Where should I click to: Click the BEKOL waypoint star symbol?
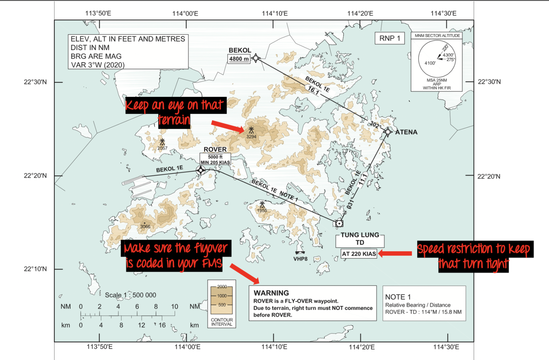coord(255,58)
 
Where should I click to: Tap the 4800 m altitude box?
coord(239,59)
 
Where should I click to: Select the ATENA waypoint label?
coord(406,132)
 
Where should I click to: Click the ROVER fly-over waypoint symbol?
coord(201,170)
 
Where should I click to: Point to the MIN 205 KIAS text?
coord(215,162)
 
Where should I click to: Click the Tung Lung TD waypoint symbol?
coord(339,223)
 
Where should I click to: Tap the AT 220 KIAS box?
coord(359,254)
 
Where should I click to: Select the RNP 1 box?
coord(390,38)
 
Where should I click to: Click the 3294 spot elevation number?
coord(251,137)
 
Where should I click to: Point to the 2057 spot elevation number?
coord(162,148)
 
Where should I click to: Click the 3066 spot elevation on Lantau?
coord(145,227)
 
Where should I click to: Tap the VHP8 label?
coord(300,259)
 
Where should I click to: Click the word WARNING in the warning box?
coord(271,293)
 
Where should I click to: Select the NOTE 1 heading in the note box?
coord(398,297)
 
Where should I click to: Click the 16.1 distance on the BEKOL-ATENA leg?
coord(314,90)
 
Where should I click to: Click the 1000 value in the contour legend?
coord(222,296)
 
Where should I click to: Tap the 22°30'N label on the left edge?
coord(35,82)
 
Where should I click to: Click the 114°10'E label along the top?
coord(274,14)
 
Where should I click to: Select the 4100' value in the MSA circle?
coord(430,63)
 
